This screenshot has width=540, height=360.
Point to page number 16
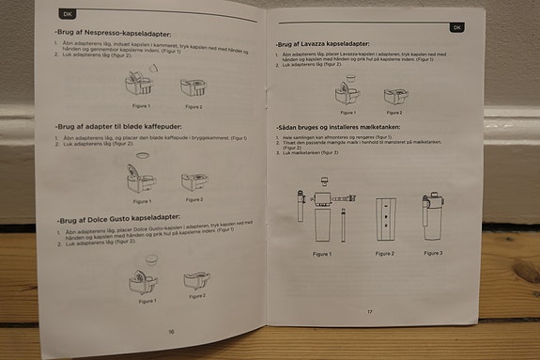[170, 331]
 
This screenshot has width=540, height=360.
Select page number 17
[370, 311]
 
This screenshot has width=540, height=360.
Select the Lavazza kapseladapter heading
[323, 43]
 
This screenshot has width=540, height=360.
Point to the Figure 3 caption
[434, 252]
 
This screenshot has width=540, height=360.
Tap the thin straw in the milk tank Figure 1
[342, 225]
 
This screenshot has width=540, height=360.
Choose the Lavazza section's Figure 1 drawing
[343, 92]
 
